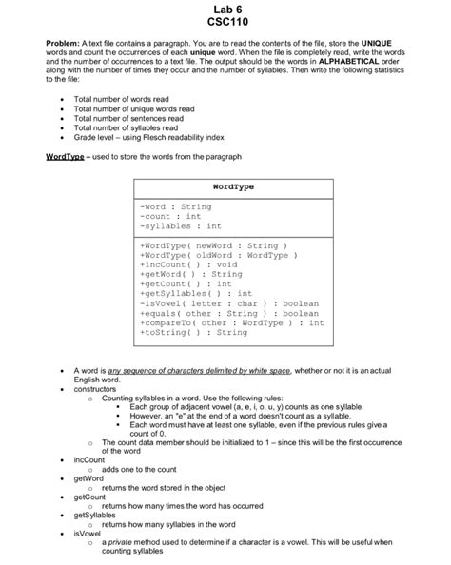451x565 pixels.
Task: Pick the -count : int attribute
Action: (x=171, y=216)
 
